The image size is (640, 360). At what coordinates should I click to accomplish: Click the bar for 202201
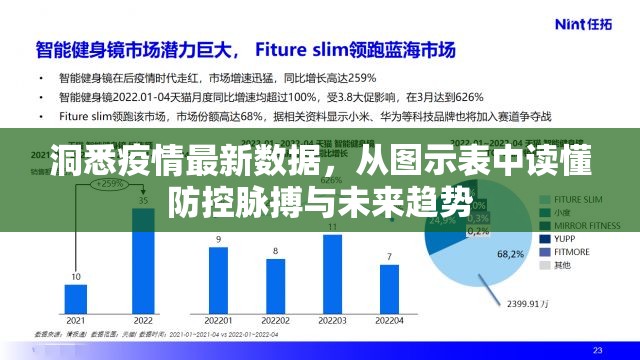point(218,286)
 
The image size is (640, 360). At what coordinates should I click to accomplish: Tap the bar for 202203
point(332,280)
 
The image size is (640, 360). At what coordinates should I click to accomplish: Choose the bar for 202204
point(388,292)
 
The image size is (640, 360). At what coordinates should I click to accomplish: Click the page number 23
point(598,350)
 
